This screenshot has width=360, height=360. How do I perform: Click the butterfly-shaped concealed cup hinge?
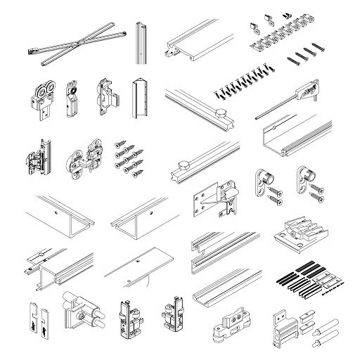82,160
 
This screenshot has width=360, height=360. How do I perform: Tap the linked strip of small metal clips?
288,32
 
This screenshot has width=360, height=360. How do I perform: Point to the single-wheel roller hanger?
70,99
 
